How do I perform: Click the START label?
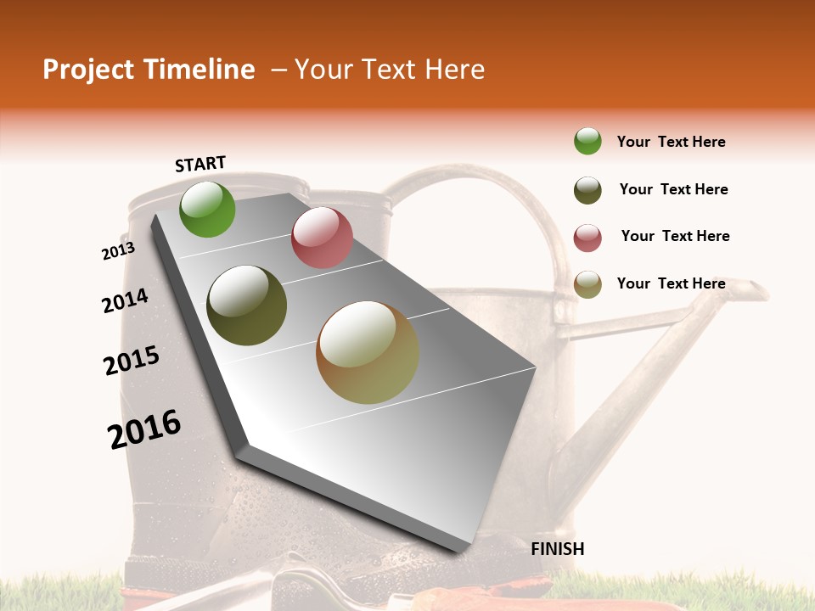200,164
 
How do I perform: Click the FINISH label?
558,549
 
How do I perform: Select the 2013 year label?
118,251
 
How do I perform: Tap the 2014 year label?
125,301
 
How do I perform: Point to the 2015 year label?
132,360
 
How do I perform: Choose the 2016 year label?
144,429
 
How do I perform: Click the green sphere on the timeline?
207,210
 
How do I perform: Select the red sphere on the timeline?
322,238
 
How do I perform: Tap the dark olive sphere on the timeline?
247,305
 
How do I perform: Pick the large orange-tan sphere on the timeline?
368,352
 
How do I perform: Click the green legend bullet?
587,141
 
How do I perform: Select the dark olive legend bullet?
587,190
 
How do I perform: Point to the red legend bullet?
587,238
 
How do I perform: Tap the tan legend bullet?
587,284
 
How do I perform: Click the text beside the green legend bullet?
671,142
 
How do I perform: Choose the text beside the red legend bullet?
675,236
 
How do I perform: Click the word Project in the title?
88,70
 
